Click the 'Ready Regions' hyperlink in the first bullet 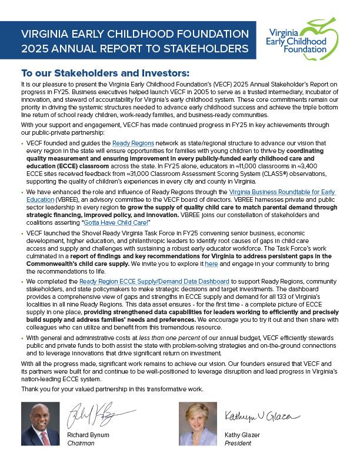point(133,144)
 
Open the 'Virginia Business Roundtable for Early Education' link point(282,192)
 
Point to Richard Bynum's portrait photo point(41,423)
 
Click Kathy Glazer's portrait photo point(197,423)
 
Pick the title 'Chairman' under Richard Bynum point(81,442)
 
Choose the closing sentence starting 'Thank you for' point(112,390)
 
